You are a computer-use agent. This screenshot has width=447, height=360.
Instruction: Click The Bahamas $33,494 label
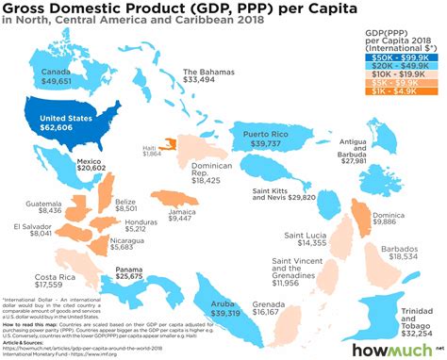pos(207,76)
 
